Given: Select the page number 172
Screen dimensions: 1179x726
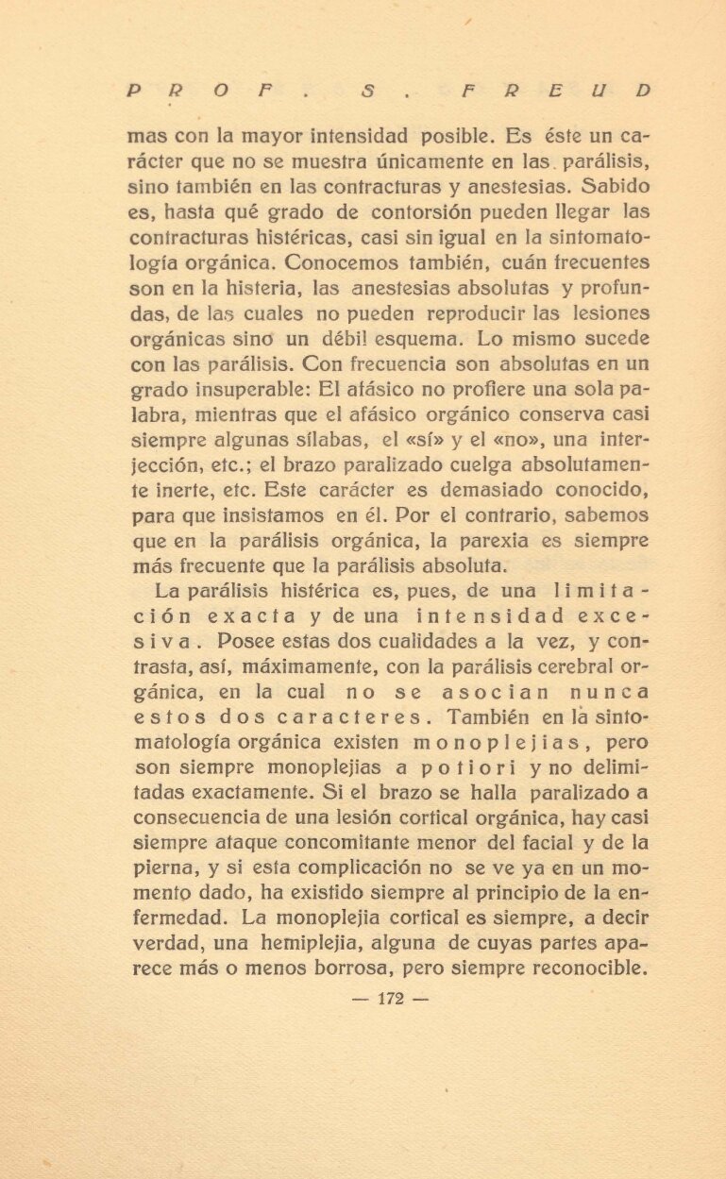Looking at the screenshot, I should (390, 1000).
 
